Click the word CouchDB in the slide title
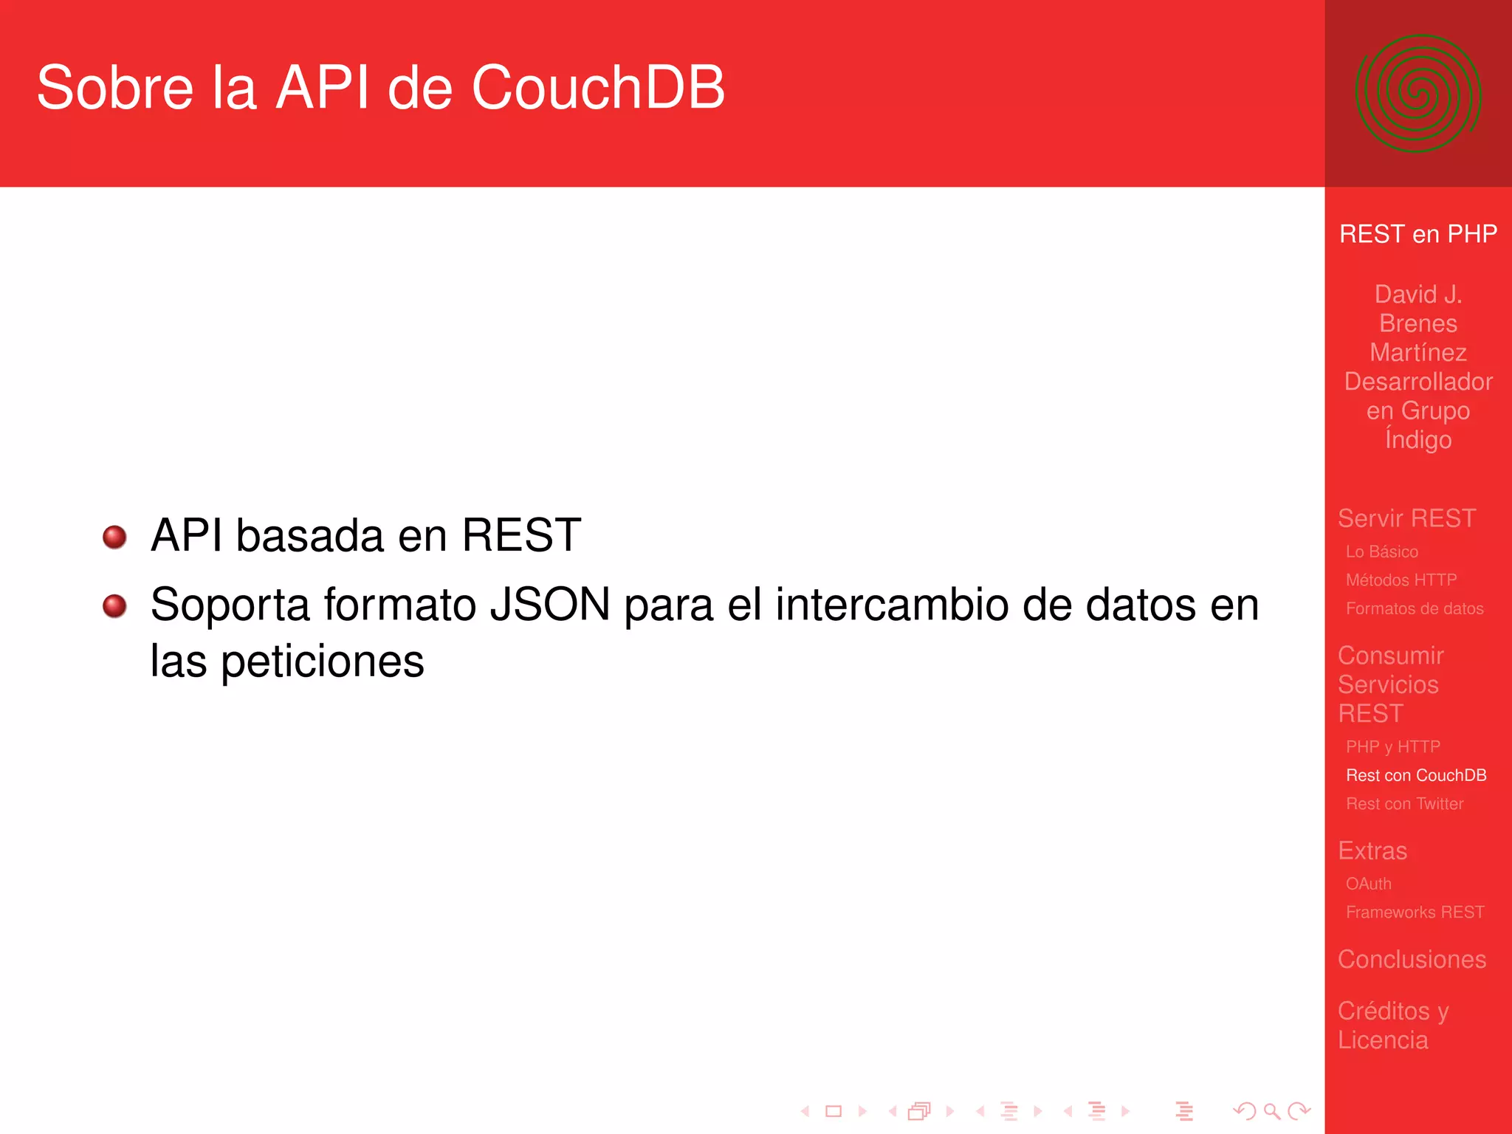(598, 88)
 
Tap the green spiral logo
(1417, 94)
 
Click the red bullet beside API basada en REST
(114, 537)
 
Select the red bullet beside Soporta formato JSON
(114, 606)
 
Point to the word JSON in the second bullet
(550, 605)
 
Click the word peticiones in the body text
(323, 661)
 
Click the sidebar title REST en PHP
(1417, 234)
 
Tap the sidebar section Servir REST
(1406, 518)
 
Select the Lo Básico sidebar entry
(1381, 551)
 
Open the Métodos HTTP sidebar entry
(1401, 580)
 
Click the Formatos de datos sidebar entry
(1414, 609)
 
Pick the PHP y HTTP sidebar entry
(1392, 747)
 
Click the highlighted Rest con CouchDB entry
(1415, 775)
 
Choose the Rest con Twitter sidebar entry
(1404, 804)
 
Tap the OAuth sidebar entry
(1368, 884)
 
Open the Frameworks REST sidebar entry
(1415, 913)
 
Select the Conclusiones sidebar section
(1412, 959)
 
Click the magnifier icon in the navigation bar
(1271, 1111)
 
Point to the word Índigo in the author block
(1417, 439)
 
